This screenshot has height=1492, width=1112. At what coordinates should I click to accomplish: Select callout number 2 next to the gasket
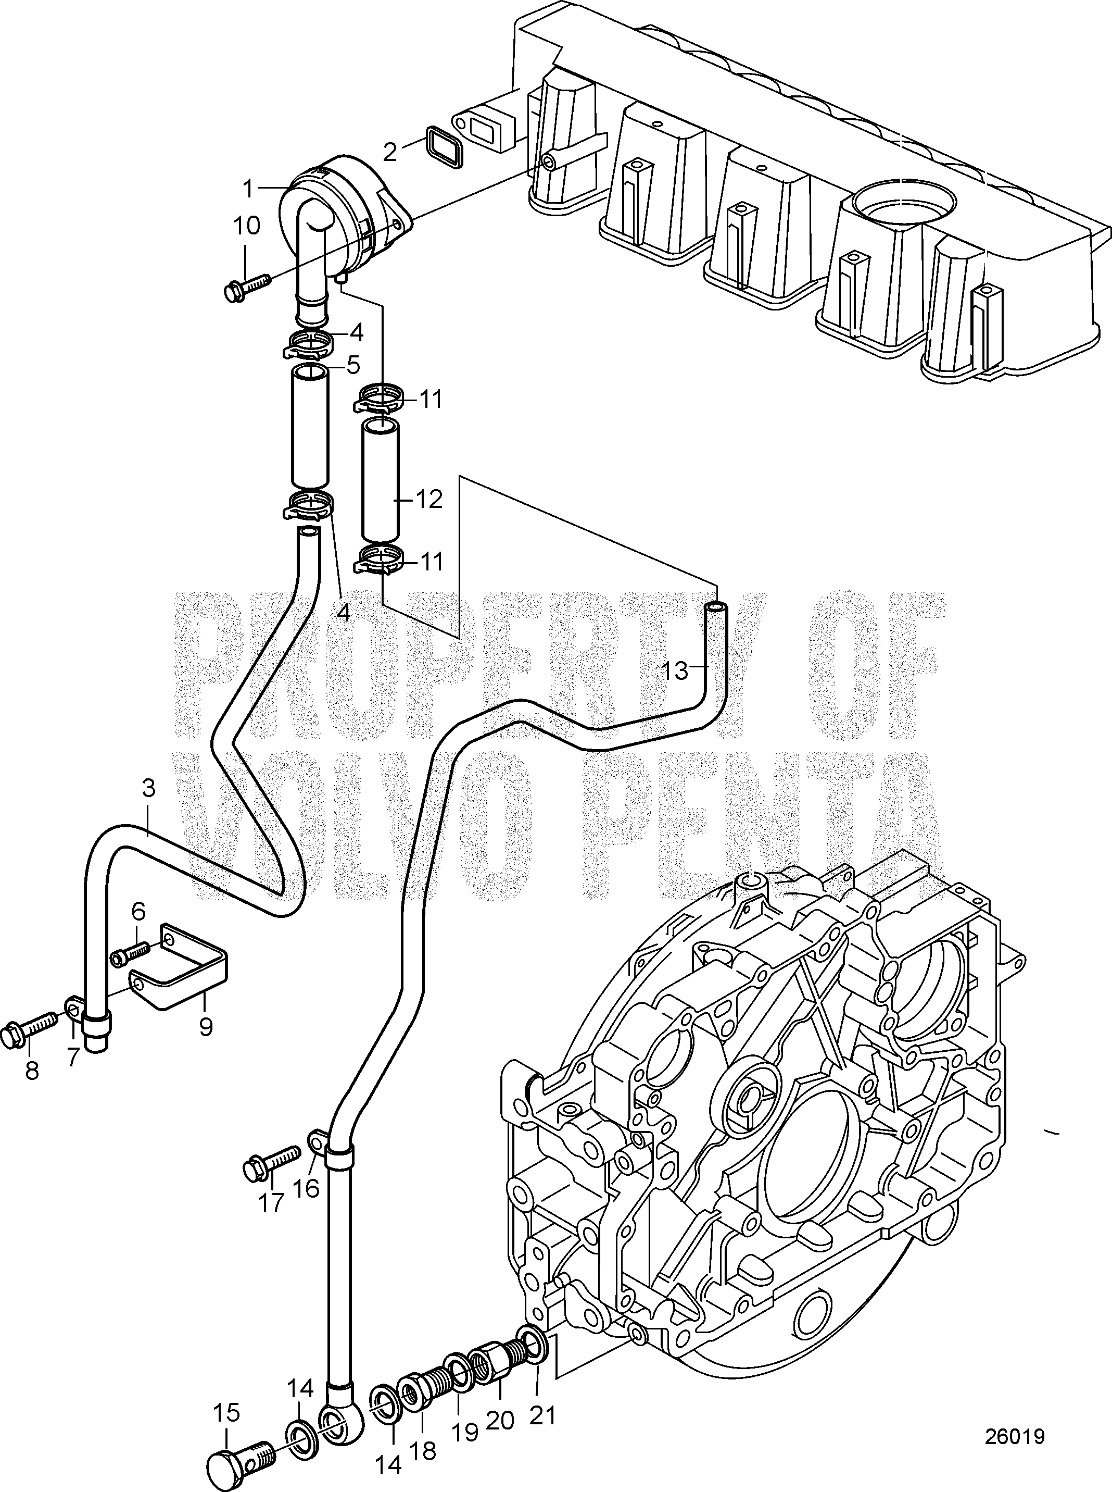[390, 152]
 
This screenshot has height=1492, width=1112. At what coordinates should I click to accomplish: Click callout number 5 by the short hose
[353, 365]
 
